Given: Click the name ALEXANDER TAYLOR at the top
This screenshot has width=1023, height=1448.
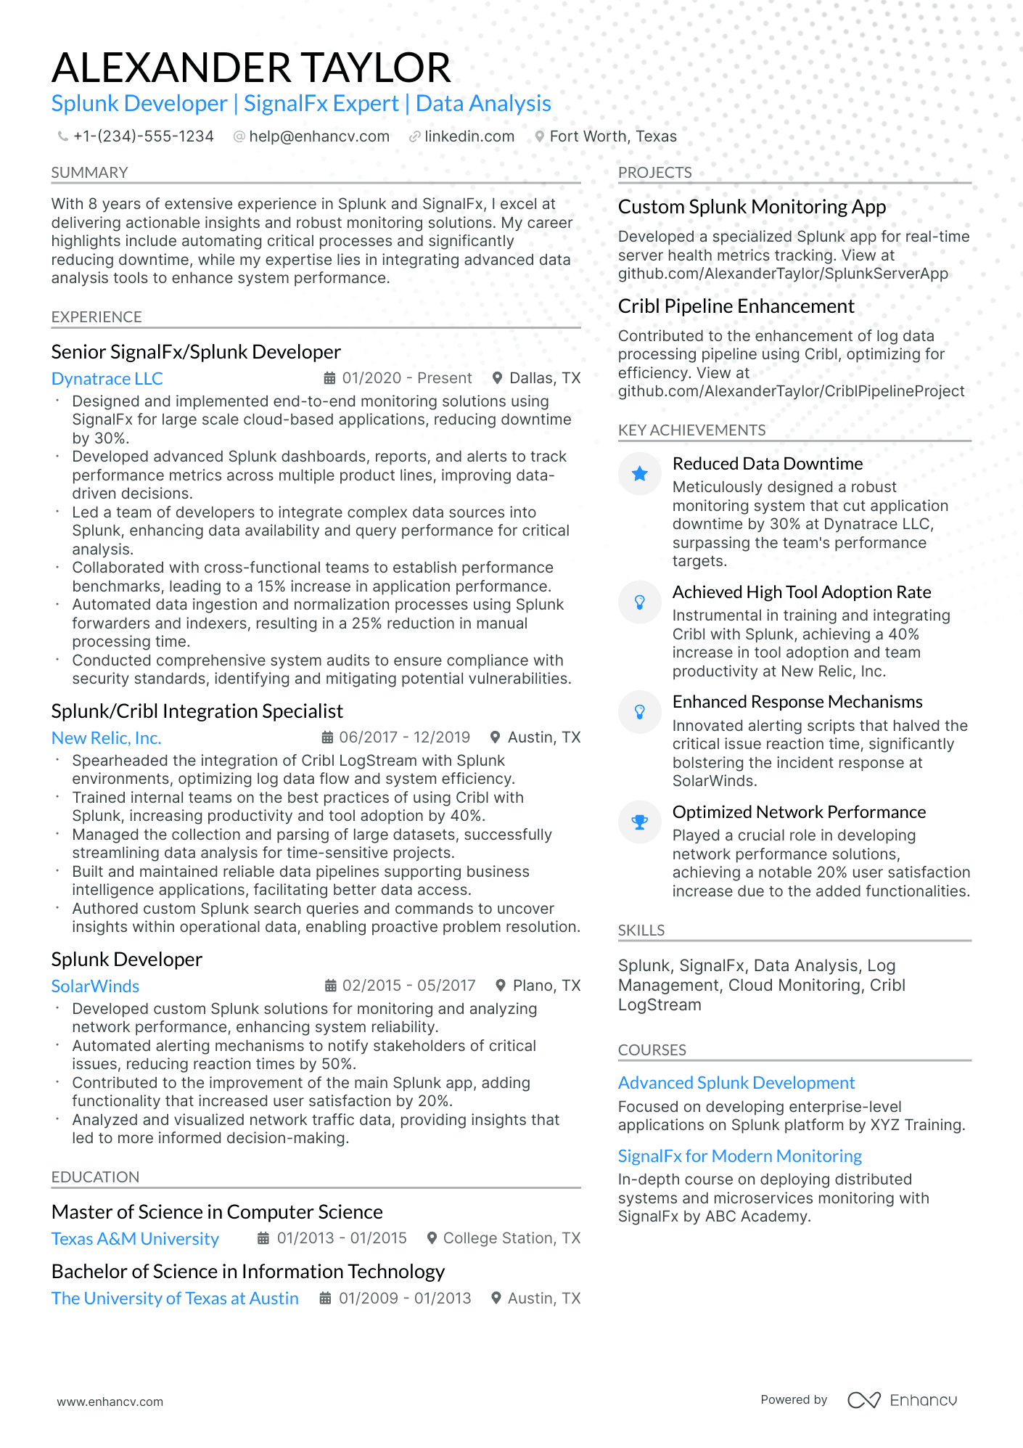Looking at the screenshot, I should (251, 68).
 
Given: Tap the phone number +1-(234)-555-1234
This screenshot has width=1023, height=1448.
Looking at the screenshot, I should (143, 136).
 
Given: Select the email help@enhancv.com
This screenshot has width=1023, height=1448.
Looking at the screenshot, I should (319, 136).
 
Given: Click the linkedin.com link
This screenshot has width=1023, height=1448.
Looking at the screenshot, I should (469, 136).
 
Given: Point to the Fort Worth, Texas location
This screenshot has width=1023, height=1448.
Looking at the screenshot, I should (612, 136).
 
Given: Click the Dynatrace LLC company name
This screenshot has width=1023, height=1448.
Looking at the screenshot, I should (107, 379).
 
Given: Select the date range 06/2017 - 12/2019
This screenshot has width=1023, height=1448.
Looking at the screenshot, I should (404, 737).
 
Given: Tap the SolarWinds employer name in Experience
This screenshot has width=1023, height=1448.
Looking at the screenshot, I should (95, 986).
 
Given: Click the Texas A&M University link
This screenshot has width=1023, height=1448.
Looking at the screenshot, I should (135, 1239).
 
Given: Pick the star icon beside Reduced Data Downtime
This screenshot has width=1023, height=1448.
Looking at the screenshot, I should (639, 474).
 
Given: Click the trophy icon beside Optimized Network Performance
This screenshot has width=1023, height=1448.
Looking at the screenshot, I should (639, 822).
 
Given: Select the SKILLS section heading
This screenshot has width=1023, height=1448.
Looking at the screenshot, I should (641, 930).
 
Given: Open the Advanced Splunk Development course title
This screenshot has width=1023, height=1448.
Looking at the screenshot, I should (736, 1083).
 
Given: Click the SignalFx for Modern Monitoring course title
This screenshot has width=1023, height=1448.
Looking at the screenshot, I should (739, 1156).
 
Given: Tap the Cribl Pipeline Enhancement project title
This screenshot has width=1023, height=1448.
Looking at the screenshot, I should (736, 306).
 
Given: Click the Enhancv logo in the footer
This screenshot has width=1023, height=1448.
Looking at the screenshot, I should (902, 1400).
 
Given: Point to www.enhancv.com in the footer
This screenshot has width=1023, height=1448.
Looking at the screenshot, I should (110, 1402).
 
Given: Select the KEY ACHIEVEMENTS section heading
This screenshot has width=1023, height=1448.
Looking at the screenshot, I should (691, 430).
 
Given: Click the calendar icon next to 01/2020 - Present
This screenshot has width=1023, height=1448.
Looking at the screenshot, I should (329, 378).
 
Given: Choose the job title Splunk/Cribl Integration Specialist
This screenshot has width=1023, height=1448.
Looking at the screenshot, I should (197, 711).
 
